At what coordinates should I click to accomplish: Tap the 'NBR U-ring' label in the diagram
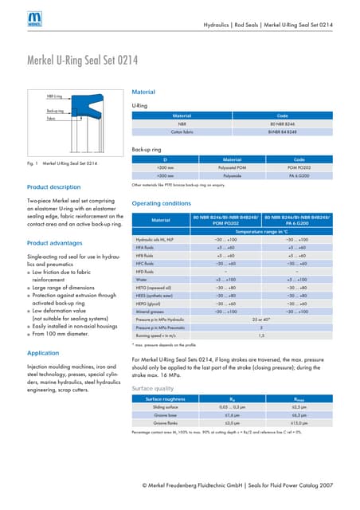[54, 96]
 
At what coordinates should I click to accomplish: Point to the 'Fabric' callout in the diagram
[50, 118]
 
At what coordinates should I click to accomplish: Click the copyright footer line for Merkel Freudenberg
[237, 485]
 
